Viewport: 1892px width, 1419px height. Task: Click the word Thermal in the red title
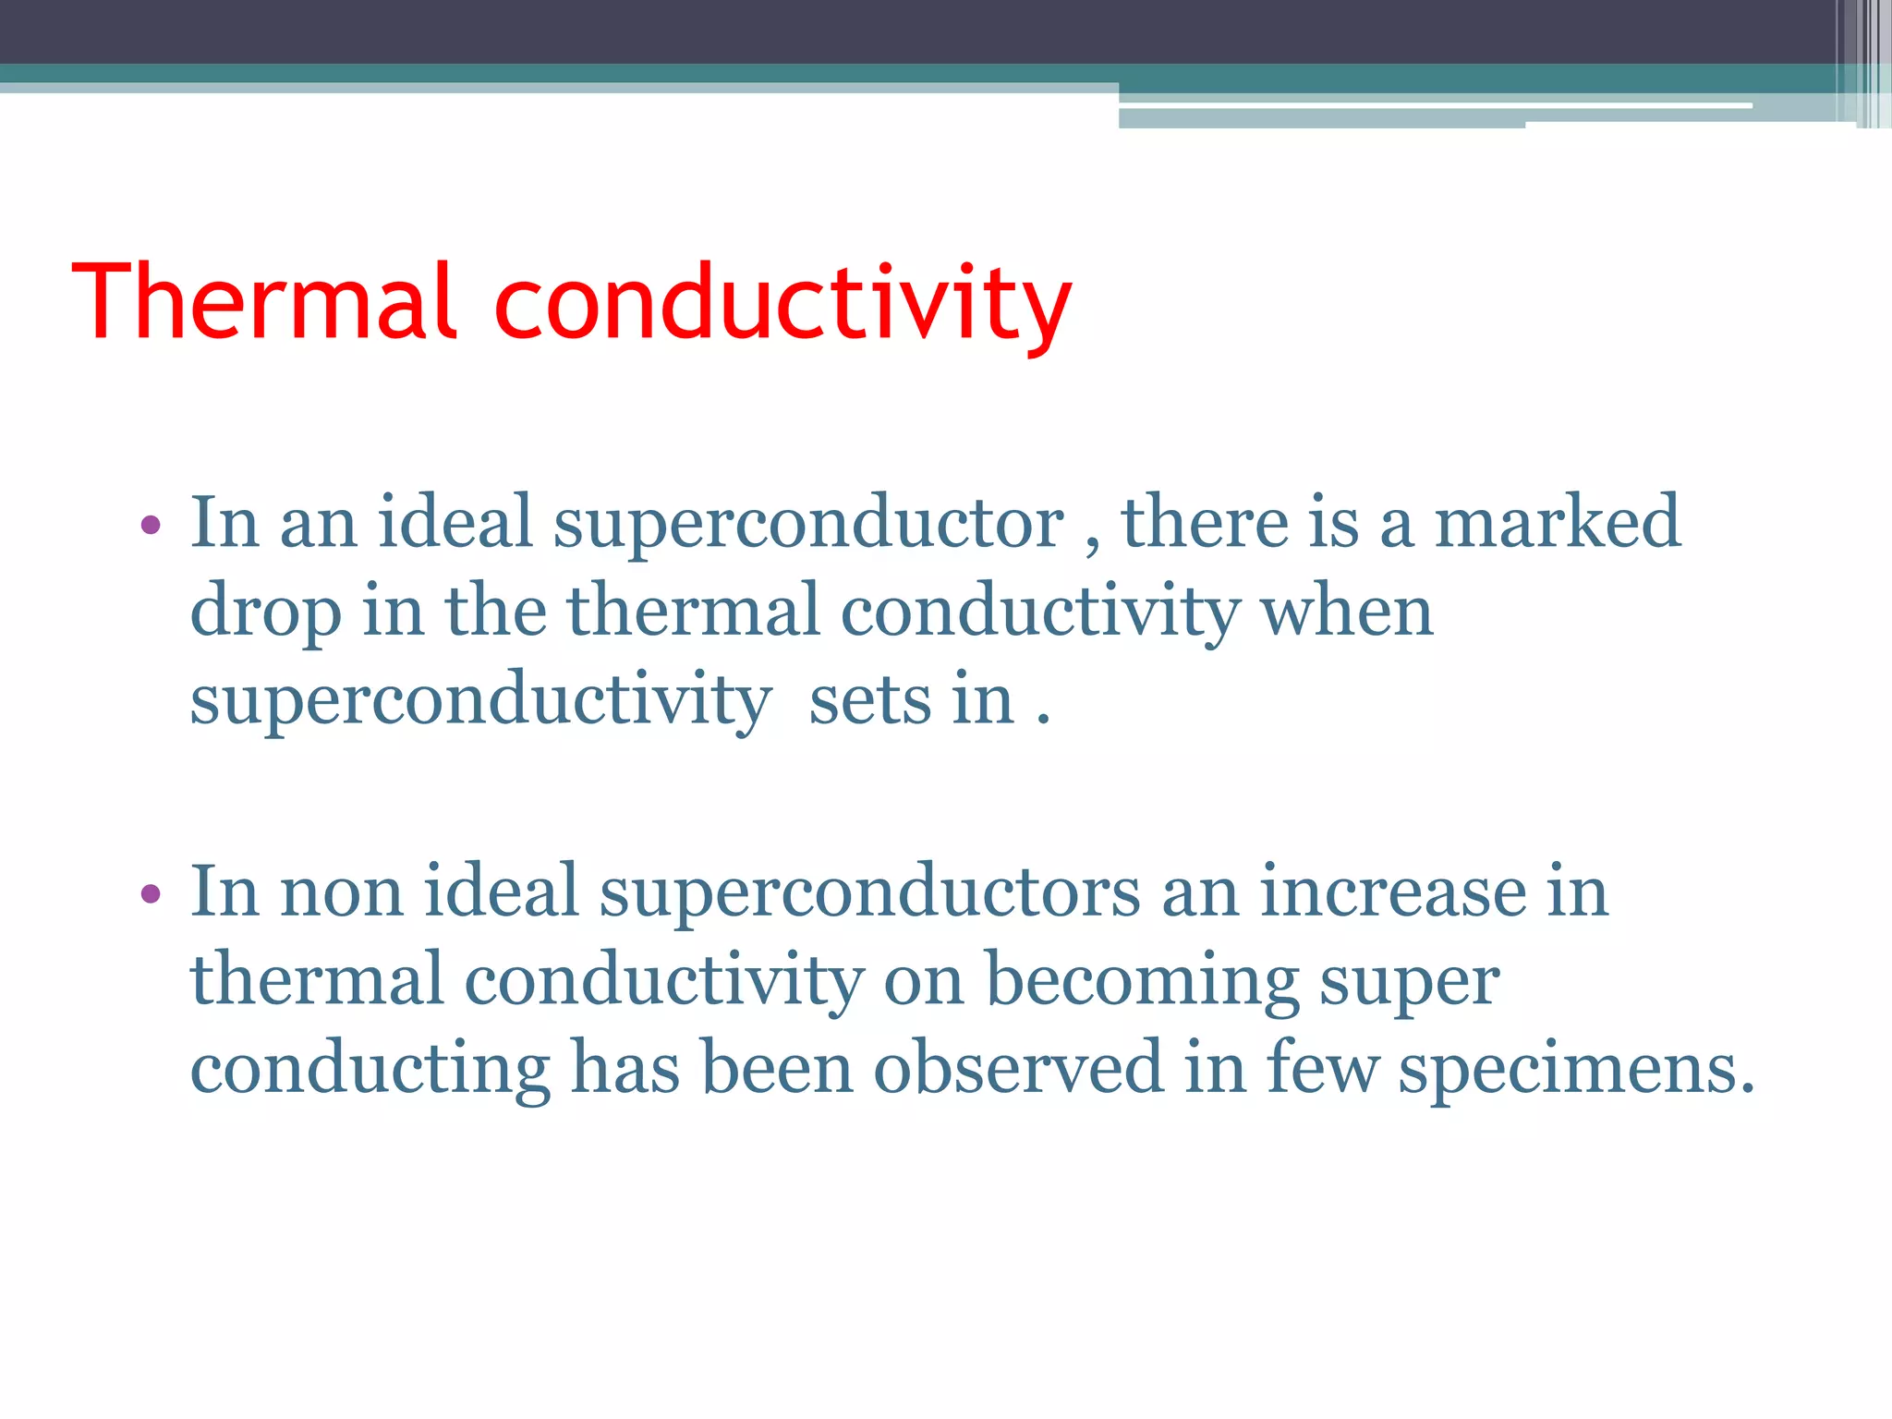point(262,302)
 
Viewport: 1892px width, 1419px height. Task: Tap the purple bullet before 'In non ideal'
point(151,894)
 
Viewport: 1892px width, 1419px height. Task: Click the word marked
point(1557,522)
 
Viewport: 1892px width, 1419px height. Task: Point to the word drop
point(265,612)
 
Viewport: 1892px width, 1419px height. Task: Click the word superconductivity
point(479,700)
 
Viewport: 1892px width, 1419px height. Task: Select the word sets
point(870,700)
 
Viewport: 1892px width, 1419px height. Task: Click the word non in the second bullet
point(341,892)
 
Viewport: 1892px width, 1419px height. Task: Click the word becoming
point(1142,980)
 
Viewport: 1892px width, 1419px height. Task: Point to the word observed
point(1017,1068)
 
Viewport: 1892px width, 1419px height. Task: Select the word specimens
point(1575,1068)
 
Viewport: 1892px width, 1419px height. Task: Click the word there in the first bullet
point(1204,522)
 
